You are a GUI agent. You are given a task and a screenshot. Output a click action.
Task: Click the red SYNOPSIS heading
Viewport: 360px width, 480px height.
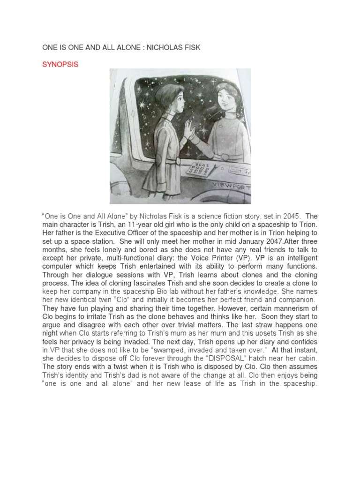tap(60, 65)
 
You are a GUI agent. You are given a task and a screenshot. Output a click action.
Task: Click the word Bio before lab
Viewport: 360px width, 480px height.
tap(170, 292)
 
